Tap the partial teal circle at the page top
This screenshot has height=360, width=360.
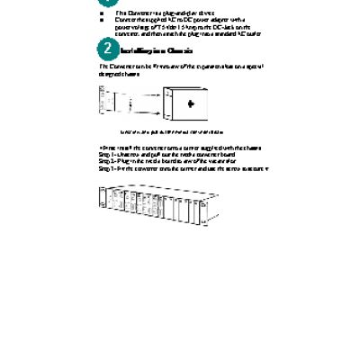[x=110, y=3]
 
